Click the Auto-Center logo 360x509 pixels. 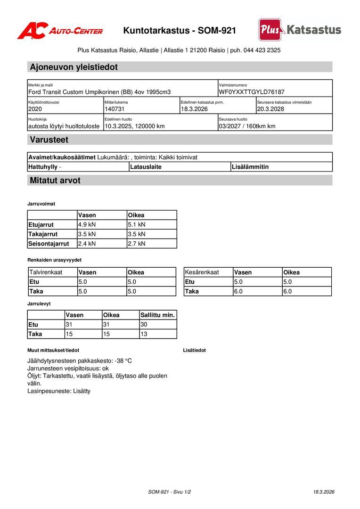(x=60, y=31)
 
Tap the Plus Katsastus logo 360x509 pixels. (x=299, y=30)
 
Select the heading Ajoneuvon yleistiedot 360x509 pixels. (x=74, y=67)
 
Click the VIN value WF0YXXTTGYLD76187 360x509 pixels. (x=251, y=92)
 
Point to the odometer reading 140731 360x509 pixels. (x=114, y=109)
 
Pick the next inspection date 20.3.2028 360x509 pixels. (x=270, y=109)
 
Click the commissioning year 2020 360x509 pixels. (x=35, y=109)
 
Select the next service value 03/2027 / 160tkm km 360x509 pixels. (x=247, y=126)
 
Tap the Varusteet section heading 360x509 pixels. (x=49, y=140)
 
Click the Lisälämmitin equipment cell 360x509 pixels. (x=250, y=167)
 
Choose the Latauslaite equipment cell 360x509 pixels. (x=146, y=167)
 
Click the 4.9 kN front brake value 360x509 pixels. (x=87, y=225)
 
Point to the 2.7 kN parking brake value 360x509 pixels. (x=137, y=244)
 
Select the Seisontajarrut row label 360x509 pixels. (x=49, y=244)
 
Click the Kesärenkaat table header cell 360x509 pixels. (x=202, y=272)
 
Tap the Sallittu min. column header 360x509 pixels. (x=157, y=315)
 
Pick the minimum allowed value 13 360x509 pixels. (x=144, y=334)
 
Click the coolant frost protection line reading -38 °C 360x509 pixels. (x=80, y=361)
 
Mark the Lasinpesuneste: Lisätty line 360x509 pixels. (x=59, y=391)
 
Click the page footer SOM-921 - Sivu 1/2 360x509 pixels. (x=169, y=492)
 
